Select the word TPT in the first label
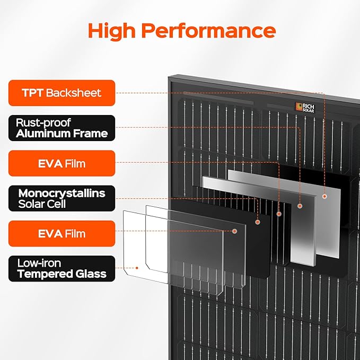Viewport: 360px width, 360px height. [32, 93]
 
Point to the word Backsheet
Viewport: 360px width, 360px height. [73, 93]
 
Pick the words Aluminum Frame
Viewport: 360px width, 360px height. [62, 134]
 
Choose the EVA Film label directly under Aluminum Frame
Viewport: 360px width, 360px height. [62, 163]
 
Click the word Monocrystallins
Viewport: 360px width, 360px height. [62, 193]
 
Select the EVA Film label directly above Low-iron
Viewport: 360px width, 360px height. [62, 234]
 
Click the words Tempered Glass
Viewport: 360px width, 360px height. [62, 274]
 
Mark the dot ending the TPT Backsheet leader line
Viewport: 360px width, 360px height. [324, 196]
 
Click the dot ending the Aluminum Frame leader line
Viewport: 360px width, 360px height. [300, 205]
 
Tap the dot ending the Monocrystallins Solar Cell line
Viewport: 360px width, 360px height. [258, 222]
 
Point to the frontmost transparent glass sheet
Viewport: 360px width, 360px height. [159, 249]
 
